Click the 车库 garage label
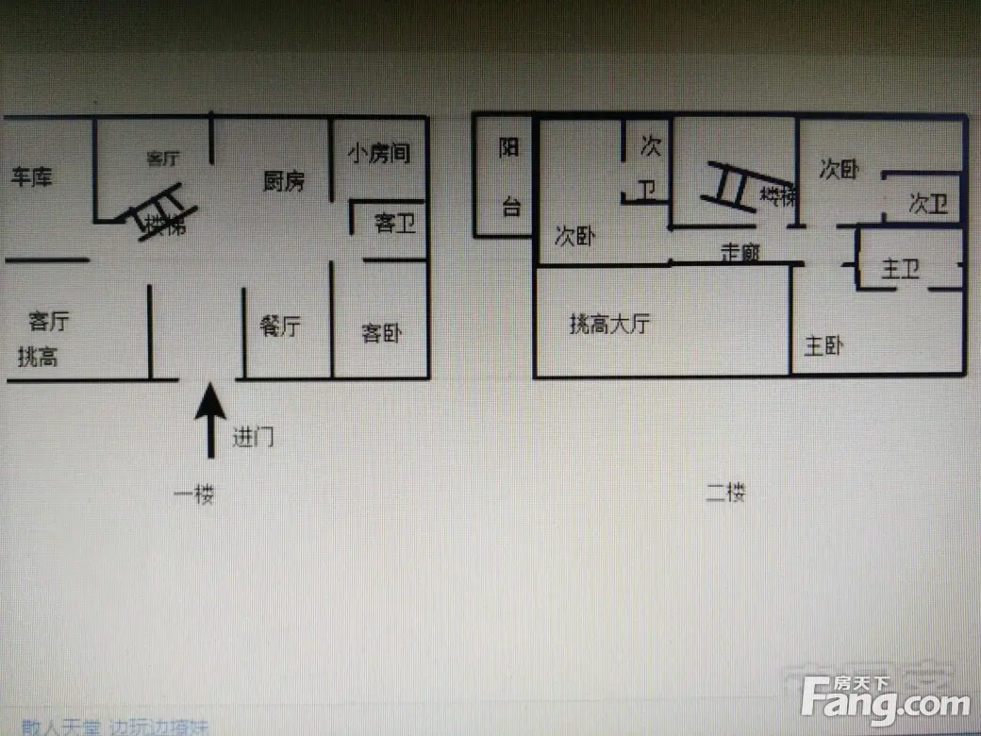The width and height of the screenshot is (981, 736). (31, 176)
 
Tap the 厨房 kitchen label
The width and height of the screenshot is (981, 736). (283, 181)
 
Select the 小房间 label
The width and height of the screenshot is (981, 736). (378, 153)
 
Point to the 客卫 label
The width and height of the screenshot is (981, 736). (394, 224)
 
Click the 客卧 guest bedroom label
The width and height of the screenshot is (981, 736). (382, 332)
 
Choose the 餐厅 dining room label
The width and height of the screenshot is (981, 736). (279, 326)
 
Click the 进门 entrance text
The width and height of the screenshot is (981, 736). (253, 437)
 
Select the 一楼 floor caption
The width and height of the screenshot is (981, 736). (193, 494)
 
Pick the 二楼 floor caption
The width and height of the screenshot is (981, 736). (726, 492)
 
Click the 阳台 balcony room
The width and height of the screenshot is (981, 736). (509, 176)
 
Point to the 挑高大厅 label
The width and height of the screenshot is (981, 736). (609, 325)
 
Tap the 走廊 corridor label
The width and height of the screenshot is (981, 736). (740, 252)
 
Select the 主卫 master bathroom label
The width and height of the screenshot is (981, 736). (900, 270)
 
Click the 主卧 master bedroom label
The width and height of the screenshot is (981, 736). (823, 346)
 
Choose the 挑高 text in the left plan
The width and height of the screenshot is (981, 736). (38, 358)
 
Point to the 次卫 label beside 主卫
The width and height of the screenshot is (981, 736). (928, 203)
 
